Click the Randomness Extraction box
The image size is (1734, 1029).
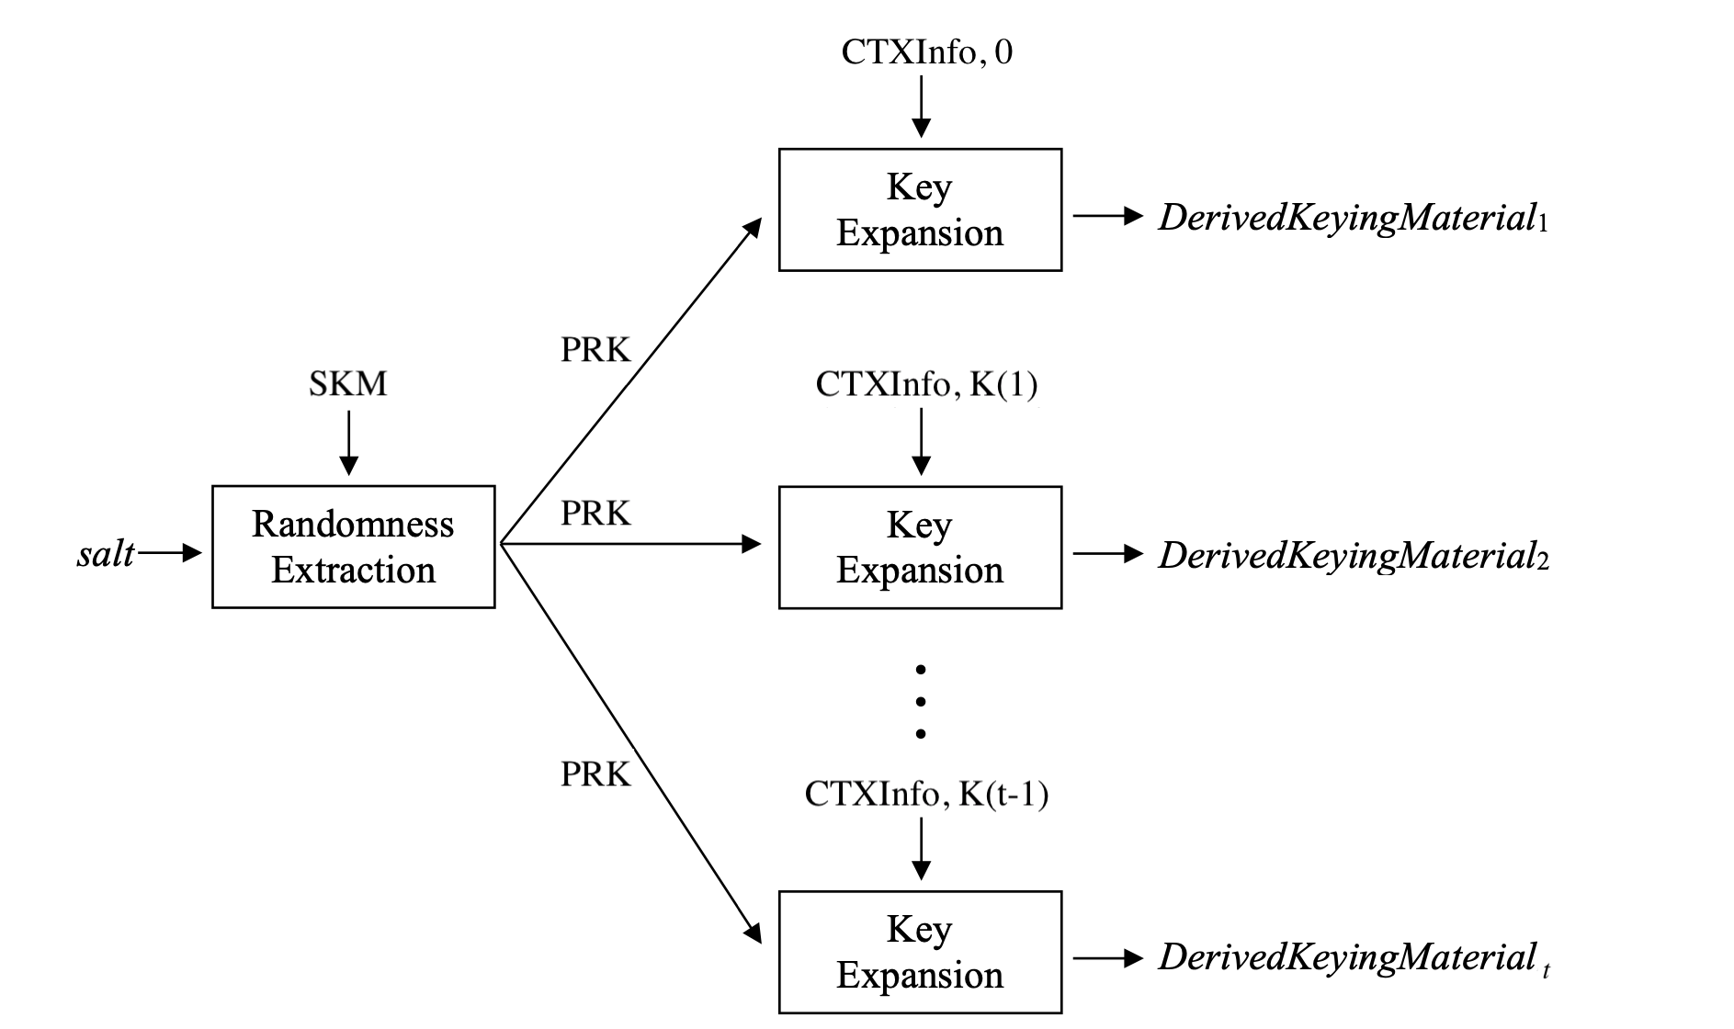point(353,547)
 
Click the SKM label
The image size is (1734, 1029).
point(347,383)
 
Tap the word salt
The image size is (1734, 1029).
point(106,553)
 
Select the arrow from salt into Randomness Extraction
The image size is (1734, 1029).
point(169,552)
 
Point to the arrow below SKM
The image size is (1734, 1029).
point(348,443)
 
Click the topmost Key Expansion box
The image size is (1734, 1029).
point(920,209)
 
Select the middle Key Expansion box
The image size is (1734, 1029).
point(920,548)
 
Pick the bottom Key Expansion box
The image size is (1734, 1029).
point(920,952)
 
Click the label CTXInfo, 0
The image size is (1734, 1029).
point(926,52)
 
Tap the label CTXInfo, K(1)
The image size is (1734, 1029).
point(926,384)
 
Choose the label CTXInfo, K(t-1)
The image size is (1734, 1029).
point(926,793)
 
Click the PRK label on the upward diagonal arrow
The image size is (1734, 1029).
point(595,350)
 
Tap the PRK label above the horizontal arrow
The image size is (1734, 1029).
point(595,514)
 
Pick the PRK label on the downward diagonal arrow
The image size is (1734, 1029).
point(595,775)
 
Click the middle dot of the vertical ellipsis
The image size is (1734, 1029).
point(921,702)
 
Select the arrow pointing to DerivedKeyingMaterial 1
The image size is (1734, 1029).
point(1108,217)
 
